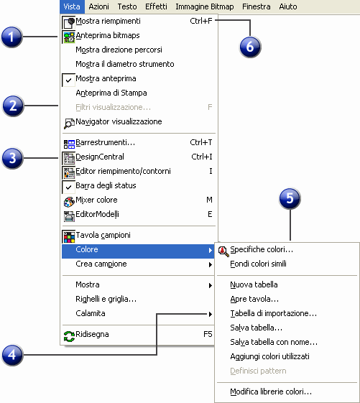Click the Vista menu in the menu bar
pyautogui.click(x=72, y=6)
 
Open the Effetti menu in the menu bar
pyautogui.click(x=156, y=6)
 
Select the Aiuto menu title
pyautogui.click(x=288, y=6)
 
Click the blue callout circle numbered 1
pyautogui.click(x=11, y=37)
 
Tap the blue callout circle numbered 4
pyautogui.click(x=12, y=355)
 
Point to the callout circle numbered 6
pyautogui.click(x=250, y=47)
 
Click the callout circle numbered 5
pyautogui.click(x=290, y=198)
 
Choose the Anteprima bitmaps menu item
pyautogui.click(x=108, y=35)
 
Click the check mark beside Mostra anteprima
pyautogui.click(x=68, y=80)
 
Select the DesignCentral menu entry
pyautogui.click(x=100, y=157)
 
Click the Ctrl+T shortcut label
pyautogui.click(x=201, y=142)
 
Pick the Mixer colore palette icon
pyautogui.click(x=69, y=202)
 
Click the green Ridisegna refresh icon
pyautogui.click(x=69, y=336)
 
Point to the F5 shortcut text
pyautogui.click(x=208, y=334)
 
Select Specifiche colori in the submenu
pyautogui.click(x=262, y=249)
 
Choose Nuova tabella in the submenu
pyautogui.click(x=254, y=284)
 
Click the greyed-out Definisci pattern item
pyautogui.click(x=258, y=371)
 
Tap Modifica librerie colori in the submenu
pyautogui.click(x=271, y=392)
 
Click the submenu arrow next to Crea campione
pyautogui.click(x=211, y=265)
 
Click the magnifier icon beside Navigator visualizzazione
pyautogui.click(x=69, y=124)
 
